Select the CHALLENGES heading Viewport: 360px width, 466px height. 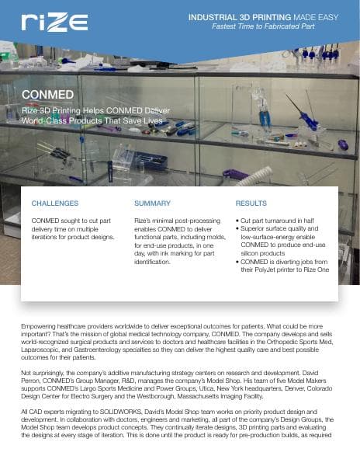[54, 203]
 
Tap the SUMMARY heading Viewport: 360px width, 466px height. [152, 203]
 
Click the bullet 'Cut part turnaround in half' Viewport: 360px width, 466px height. [279, 221]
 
